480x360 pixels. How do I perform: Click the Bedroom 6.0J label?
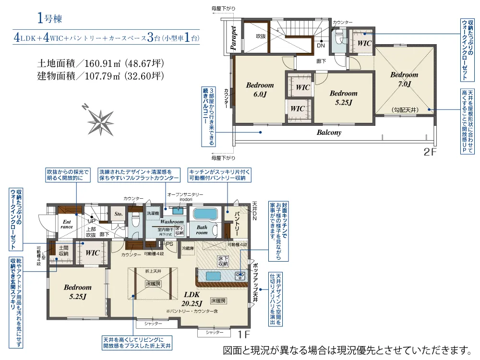(260, 90)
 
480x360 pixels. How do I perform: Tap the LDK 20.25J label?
(192, 299)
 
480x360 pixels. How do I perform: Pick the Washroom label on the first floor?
(171, 222)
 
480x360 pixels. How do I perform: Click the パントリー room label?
(236, 223)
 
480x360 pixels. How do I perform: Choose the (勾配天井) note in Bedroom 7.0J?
(405, 110)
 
